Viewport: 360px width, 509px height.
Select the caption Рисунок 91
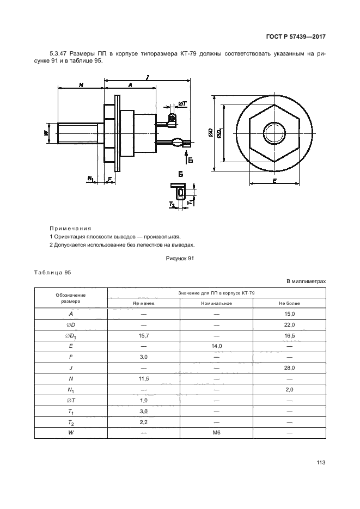pyautogui.click(x=180, y=259)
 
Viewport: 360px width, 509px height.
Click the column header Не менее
pyautogui.click(x=144, y=303)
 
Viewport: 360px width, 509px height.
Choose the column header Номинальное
pyautogui.click(x=216, y=303)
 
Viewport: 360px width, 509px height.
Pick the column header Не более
pyautogui.click(x=289, y=303)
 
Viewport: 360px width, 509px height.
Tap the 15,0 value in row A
pyautogui.click(x=289, y=315)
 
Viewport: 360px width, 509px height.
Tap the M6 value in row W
pyautogui.click(x=216, y=432)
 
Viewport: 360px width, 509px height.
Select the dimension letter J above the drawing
pyautogui.click(x=148, y=78)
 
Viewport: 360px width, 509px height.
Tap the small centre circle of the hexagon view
pyautogui.click(x=271, y=132)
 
